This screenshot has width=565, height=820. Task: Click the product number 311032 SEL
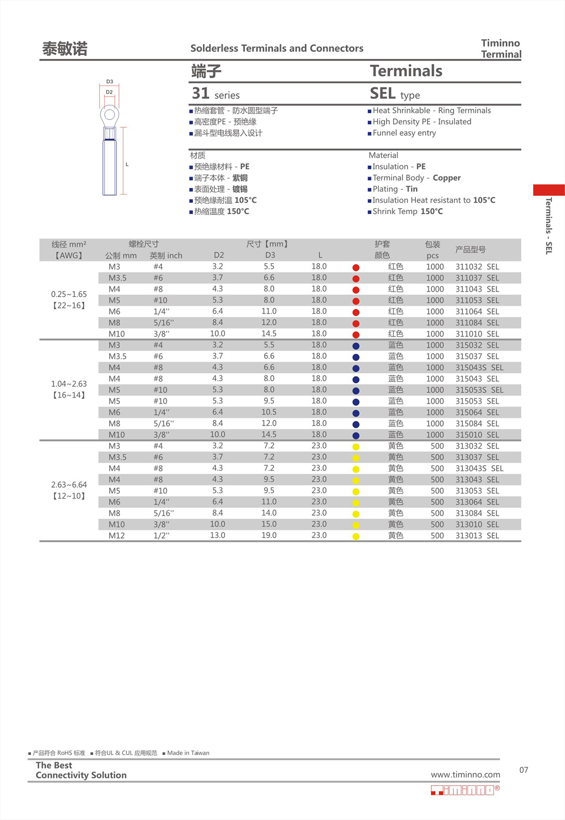tap(476, 267)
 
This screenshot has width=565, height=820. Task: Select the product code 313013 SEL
tap(476, 536)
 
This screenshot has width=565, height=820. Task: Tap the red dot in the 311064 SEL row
tap(356, 313)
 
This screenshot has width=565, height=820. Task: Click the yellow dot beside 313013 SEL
tap(356, 537)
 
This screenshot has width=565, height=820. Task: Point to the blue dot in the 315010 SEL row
tap(356, 436)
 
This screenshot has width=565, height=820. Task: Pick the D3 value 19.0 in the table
tap(269, 535)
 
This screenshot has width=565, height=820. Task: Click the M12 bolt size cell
tap(116, 536)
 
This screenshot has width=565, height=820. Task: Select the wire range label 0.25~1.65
tap(69, 294)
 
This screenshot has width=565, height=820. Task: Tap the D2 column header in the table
tap(218, 255)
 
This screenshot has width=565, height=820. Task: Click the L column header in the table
tap(320, 255)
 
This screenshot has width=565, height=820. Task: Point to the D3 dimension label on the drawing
tap(110, 81)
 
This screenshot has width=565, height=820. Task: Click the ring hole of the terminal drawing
tap(110, 114)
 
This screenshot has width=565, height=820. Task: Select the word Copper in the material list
tap(446, 178)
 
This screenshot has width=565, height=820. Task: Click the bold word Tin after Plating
tap(412, 189)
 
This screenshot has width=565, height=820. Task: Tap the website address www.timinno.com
tap(465, 775)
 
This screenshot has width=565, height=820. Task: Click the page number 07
tap(524, 770)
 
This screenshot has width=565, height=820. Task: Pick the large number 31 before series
tap(200, 93)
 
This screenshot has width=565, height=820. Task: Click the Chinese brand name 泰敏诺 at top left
tap(65, 49)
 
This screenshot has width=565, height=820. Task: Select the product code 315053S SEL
tap(479, 390)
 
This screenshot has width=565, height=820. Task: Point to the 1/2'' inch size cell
tap(161, 536)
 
